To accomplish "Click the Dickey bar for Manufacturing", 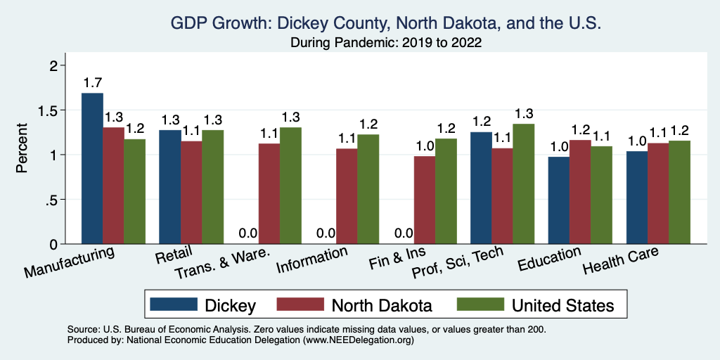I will [92, 169].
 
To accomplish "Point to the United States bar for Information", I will [368, 189].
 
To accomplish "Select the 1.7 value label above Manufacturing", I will [92, 83].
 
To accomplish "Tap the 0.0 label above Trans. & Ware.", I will [247, 233].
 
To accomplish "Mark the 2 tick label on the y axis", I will [53, 65].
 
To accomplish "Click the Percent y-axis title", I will [22, 148].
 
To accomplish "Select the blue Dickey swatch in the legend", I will [174, 304].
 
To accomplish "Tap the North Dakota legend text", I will [381, 305].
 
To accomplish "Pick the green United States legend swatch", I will [481, 304].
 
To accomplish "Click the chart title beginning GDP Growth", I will [386, 23].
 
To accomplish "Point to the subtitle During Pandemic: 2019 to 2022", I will [386, 43].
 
